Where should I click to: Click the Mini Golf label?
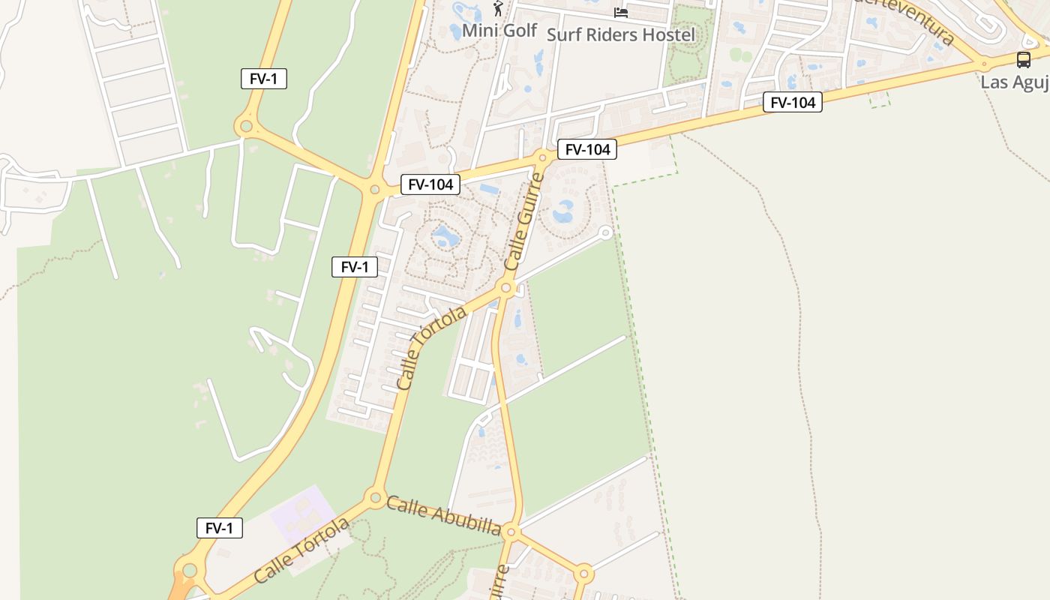[x=499, y=31]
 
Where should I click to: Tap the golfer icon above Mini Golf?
[x=498, y=9]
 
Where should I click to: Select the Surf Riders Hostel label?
[x=620, y=34]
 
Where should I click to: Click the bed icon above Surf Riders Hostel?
[x=620, y=12]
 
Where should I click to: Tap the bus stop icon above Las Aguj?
[x=1023, y=59]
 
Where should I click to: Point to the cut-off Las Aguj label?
[x=1014, y=82]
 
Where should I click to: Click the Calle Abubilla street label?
[x=443, y=515]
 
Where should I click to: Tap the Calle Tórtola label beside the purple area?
[x=301, y=550]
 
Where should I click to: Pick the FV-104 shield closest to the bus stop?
[x=792, y=102]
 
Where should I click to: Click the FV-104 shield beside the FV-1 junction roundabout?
[x=430, y=184]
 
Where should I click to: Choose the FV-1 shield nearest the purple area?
[x=219, y=528]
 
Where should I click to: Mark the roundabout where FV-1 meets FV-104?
[x=374, y=190]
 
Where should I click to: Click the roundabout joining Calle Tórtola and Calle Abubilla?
[x=374, y=497]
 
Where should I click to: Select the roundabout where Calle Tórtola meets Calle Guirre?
[x=506, y=288]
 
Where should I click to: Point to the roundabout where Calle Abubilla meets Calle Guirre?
[x=511, y=532]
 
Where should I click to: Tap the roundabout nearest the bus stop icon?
[x=983, y=63]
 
